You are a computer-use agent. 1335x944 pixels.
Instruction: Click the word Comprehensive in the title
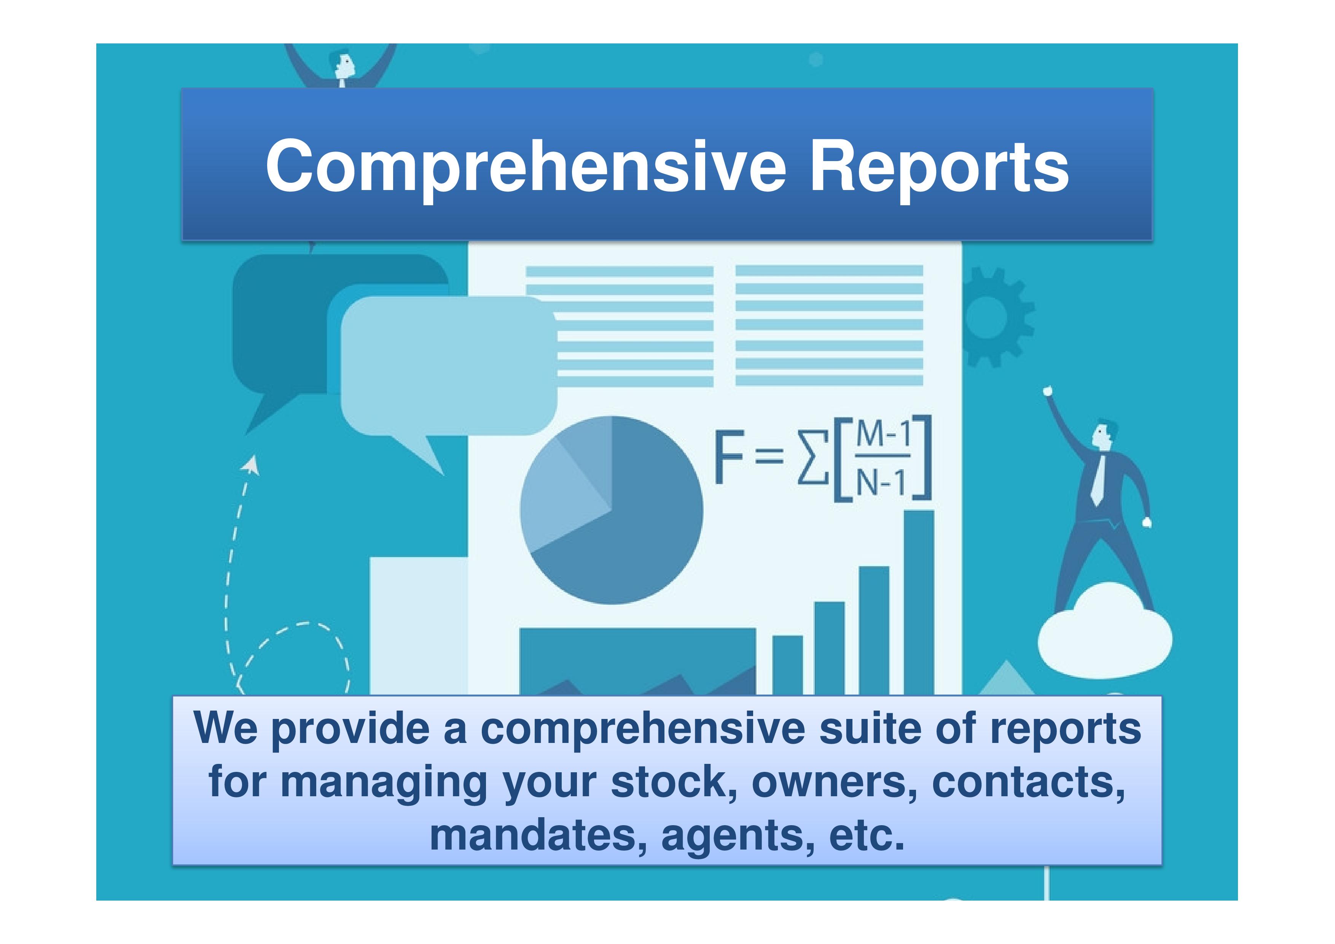(x=526, y=168)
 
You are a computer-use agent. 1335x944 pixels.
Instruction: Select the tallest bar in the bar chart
(x=919, y=602)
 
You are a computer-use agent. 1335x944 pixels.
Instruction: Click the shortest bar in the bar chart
(x=787, y=665)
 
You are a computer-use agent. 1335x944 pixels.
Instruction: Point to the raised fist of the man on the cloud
(x=1048, y=391)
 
